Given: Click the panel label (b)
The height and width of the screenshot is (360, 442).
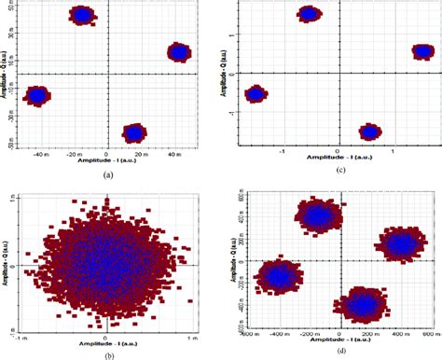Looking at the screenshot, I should tap(109, 354).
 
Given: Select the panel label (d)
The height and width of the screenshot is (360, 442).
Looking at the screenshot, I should tap(332, 354).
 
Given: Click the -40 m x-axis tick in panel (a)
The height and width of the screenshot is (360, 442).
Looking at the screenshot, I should tap(39, 152).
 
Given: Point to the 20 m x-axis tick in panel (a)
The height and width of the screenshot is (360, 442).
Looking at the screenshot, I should tap(140, 152).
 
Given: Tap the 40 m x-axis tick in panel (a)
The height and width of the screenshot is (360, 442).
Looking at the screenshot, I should tap(173, 152).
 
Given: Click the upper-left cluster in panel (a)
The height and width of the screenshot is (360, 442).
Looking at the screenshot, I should tap(82, 15).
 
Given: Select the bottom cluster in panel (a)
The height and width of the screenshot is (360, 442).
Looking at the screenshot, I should tap(134, 132).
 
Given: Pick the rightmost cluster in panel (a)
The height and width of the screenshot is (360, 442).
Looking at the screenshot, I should tap(179, 52).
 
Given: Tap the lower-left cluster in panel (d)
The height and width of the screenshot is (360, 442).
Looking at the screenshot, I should tap(279, 276).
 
